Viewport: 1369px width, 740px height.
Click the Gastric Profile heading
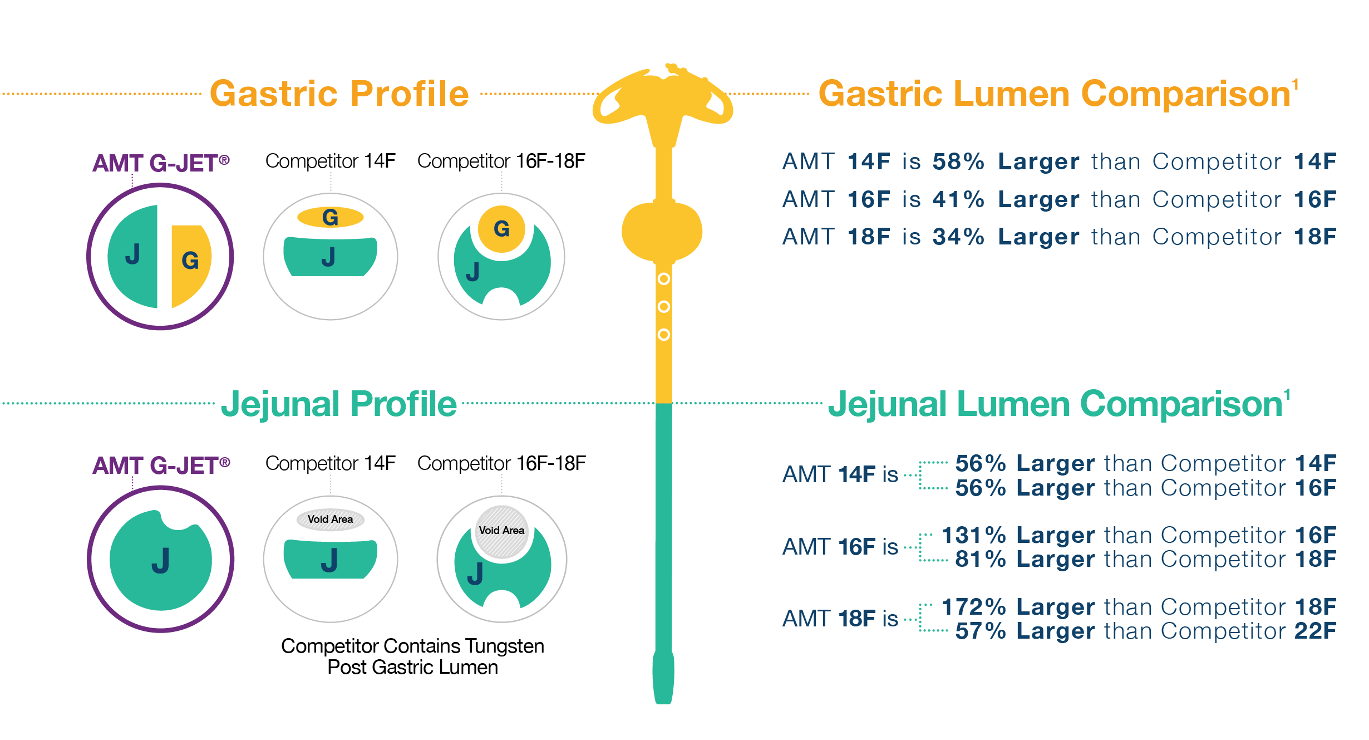339,94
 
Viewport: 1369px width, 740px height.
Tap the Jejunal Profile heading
338,404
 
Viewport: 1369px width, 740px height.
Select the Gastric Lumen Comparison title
1054,94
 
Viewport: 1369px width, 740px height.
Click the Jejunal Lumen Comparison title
1055,404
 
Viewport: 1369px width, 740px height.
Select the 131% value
973,535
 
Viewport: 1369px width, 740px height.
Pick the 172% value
973,607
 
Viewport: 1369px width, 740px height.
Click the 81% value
980,559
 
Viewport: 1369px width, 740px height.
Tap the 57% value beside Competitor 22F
980,631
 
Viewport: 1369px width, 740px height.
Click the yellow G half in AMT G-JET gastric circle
190,262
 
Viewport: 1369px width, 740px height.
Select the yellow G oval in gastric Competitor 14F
330,217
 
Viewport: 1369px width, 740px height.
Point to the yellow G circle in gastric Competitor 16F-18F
501,229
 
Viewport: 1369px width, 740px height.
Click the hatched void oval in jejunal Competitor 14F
330,520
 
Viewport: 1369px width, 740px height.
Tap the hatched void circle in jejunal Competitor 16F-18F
501,531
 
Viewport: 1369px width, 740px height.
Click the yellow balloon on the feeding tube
662,231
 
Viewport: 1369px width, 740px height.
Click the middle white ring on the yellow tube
663,307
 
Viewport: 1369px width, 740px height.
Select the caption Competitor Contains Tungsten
412,646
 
